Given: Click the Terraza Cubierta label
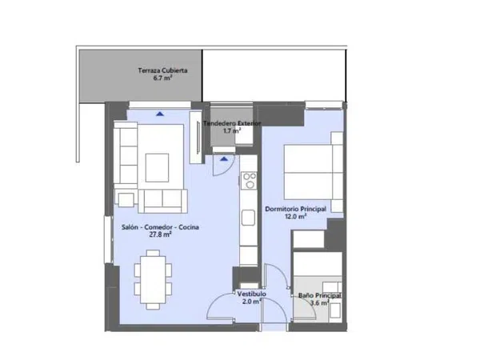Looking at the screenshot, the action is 162,70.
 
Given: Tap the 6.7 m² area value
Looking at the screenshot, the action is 162,78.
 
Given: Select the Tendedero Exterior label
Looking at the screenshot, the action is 232,123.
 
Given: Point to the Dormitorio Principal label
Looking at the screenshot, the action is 295,209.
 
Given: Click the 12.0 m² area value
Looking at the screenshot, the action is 296,217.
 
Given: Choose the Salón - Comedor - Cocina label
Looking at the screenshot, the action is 160,227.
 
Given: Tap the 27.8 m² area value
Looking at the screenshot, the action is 160,234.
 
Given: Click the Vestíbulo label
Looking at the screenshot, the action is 252,294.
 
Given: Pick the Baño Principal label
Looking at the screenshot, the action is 319,296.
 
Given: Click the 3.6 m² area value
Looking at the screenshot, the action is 319,303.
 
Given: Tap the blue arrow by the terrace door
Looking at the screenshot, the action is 160,114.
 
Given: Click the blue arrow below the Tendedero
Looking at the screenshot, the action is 224,159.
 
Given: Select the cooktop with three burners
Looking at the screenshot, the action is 249,180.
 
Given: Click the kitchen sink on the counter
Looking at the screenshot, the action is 248,218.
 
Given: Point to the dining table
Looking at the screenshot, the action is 153,280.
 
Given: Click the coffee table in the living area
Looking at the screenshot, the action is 157,168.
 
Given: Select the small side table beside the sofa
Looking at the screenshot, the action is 126,200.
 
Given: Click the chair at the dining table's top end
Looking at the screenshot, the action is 153,253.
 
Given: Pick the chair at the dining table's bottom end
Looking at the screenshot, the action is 153,306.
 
